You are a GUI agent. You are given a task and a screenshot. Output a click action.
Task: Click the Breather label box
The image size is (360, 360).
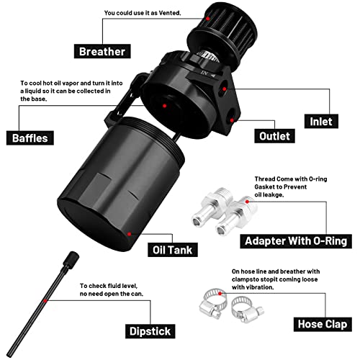pyautogui.click(x=102, y=51)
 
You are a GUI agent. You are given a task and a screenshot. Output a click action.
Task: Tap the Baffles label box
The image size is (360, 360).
pyautogui.click(x=30, y=138)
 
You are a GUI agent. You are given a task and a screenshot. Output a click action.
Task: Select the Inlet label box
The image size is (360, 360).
pyautogui.click(x=321, y=122)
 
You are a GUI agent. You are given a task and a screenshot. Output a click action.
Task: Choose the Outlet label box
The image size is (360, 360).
pyautogui.click(x=274, y=136)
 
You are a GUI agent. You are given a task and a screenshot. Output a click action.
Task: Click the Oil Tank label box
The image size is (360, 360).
pyautogui.click(x=173, y=250)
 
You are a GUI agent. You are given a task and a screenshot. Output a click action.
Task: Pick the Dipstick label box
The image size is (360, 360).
pyautogui.click(x=150, y=331)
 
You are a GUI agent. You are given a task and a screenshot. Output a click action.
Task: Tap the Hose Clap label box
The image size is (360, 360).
pyautogui.click(x=323, y=324)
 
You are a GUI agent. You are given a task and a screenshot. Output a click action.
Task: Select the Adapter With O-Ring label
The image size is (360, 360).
pyautogui.click(x=296, y=241)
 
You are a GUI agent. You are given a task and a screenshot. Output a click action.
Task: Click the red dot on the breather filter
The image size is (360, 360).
pyautogui.click(x=208, y=19)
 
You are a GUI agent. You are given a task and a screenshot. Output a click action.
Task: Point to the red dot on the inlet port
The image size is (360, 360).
pyautogui.click(x=224, y=89)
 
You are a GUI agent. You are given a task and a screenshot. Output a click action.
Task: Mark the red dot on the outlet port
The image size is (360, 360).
pyautogui.click(x=232, y=120)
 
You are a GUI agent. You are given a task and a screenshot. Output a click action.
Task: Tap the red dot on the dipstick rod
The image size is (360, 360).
pyautogui.click(x=45, y=300)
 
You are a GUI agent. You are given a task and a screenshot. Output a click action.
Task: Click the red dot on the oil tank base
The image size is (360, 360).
pyautogui.click(x=129, y=234)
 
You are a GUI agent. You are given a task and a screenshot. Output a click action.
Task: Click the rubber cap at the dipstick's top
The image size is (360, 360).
pyautogui.click(x=71, y=259)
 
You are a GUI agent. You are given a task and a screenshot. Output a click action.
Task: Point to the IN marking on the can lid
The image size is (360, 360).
pyautogui.click(x=204, y=73)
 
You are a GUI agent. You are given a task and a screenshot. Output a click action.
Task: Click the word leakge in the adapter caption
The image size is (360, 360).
pyautogui.click(x=269, y=195)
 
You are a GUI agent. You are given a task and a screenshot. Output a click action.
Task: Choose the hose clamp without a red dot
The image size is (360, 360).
pyautogui.click(x=247, y=310)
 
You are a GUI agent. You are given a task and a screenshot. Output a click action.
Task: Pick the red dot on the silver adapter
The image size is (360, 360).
pyautogui.click(x=247, y=202)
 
